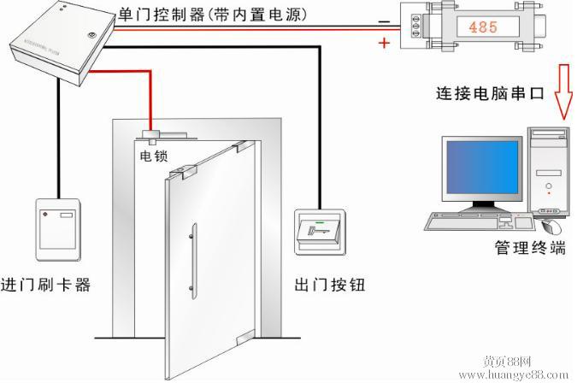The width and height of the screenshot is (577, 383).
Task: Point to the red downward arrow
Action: point(563,91)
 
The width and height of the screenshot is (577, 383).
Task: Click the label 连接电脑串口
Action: point(490,93)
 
